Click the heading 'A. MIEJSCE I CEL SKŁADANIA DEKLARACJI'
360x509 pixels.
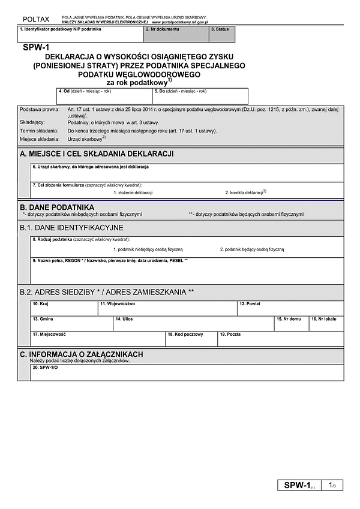[x=97, y=154]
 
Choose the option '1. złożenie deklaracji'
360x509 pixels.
[x=133, y=192]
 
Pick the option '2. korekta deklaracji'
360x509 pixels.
[x=245, y=192]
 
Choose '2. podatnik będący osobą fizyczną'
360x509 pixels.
[x=251, y=249]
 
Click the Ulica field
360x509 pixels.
[x=193, y=324]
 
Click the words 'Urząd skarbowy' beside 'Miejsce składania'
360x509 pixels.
[x=85, y=138]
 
